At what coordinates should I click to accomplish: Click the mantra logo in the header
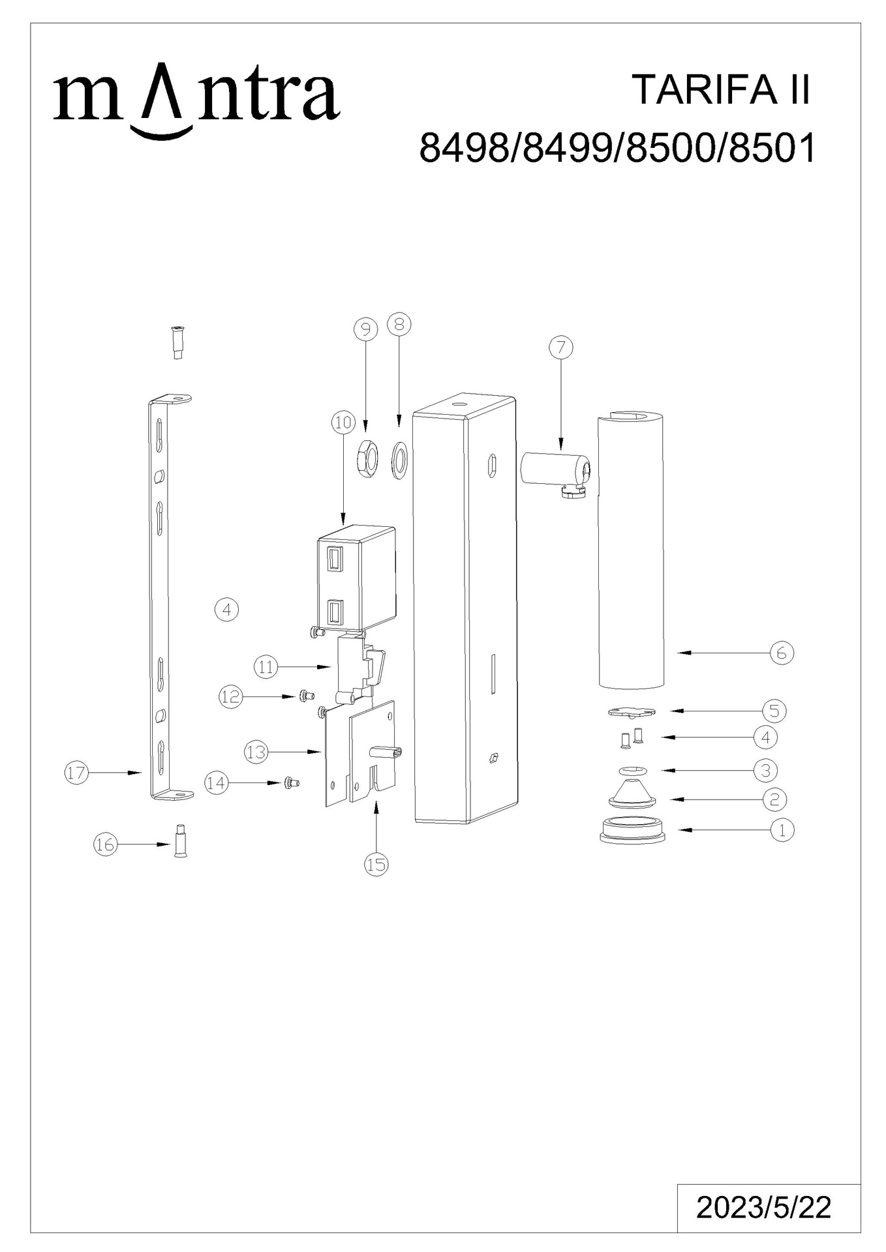(x=196, y=104)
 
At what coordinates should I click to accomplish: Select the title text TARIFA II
(x=722, y=89)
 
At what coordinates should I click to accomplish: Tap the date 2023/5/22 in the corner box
(x=763, y=1208)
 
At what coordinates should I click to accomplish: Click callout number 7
(x=560, y=348)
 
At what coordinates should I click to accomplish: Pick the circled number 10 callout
(x=343, y=423)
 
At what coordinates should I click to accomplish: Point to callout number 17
(x=76, y=773)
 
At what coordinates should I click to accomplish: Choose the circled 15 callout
(x=376, y=865)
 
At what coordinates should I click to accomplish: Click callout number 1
(x=782, y=830)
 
